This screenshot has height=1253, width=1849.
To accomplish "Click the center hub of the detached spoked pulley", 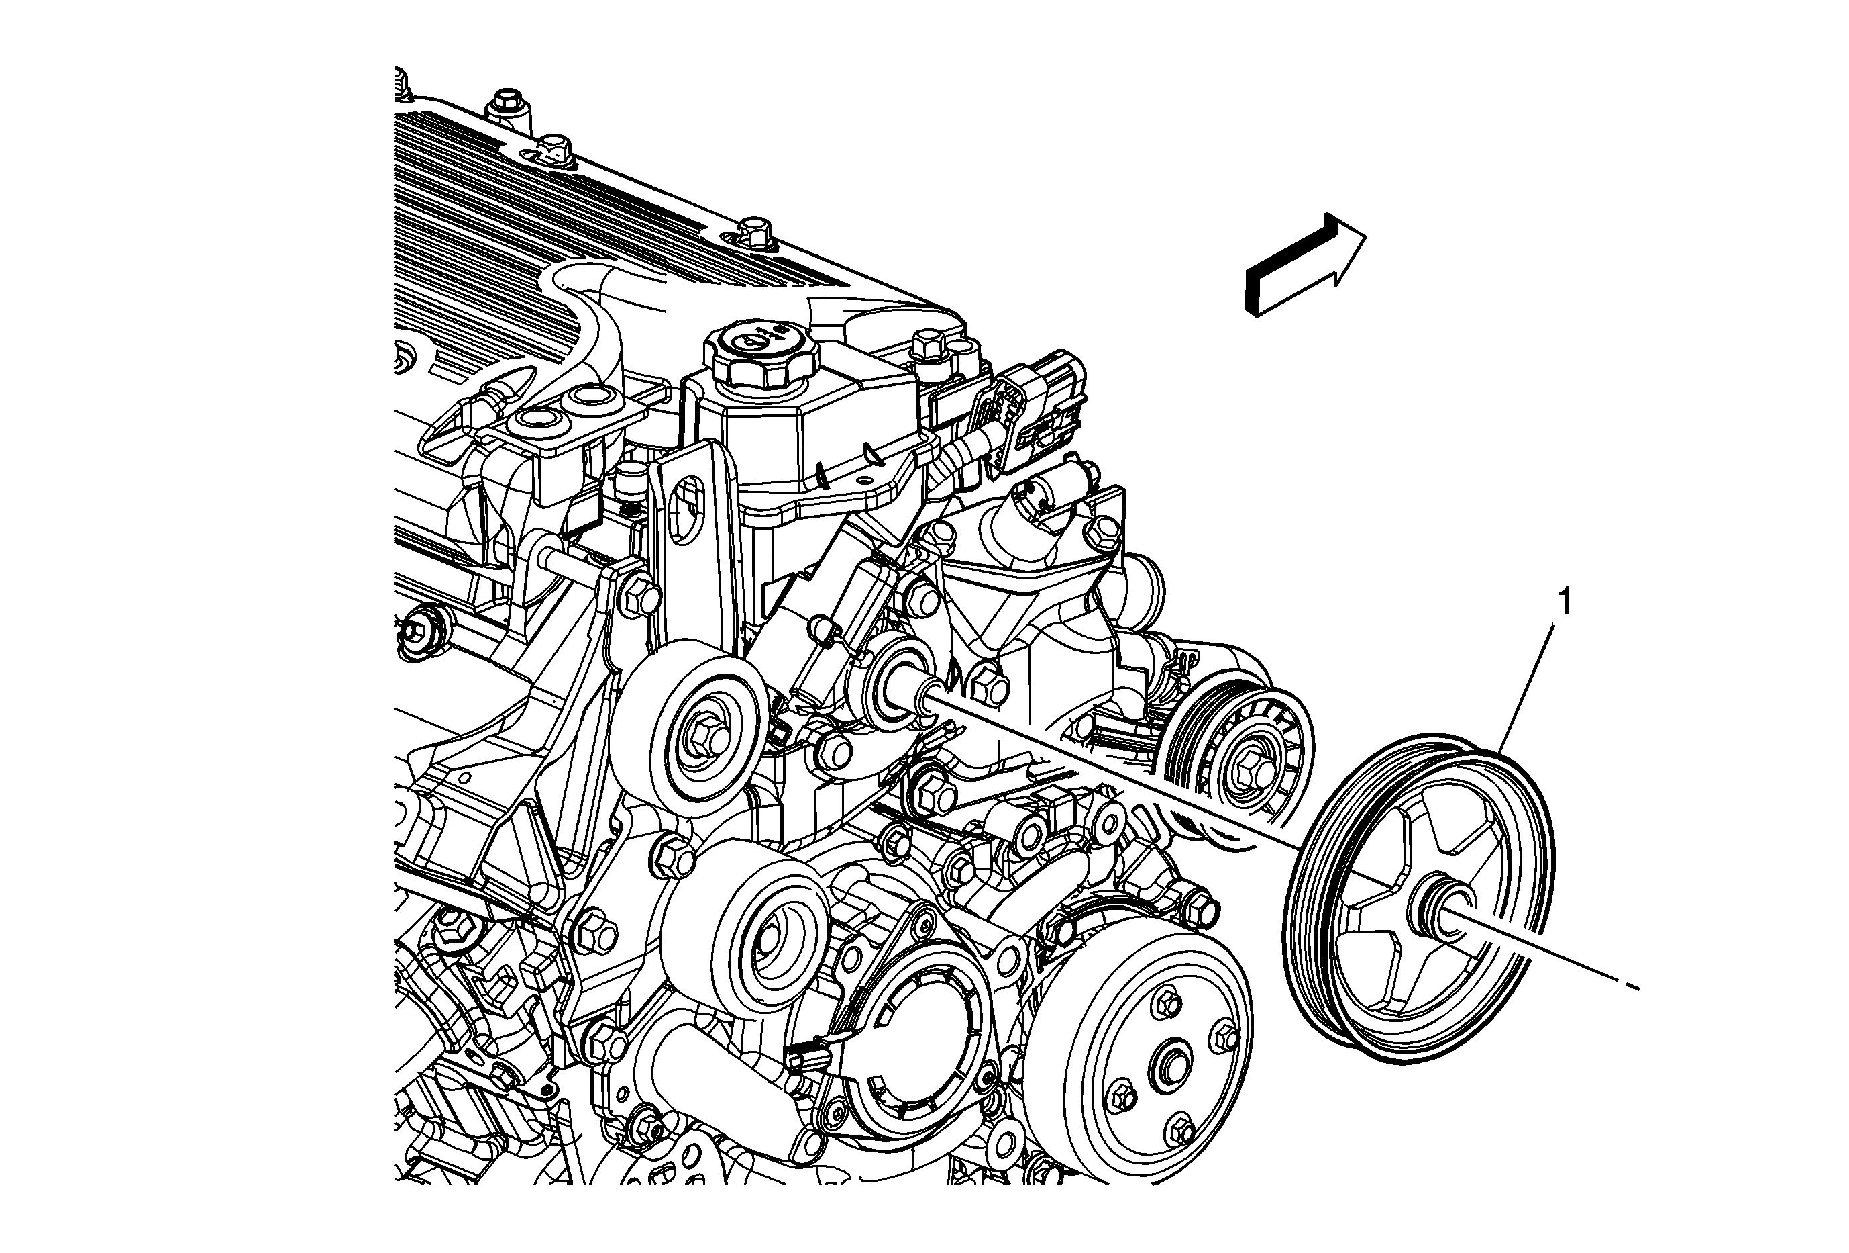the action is click(1431, 913).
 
